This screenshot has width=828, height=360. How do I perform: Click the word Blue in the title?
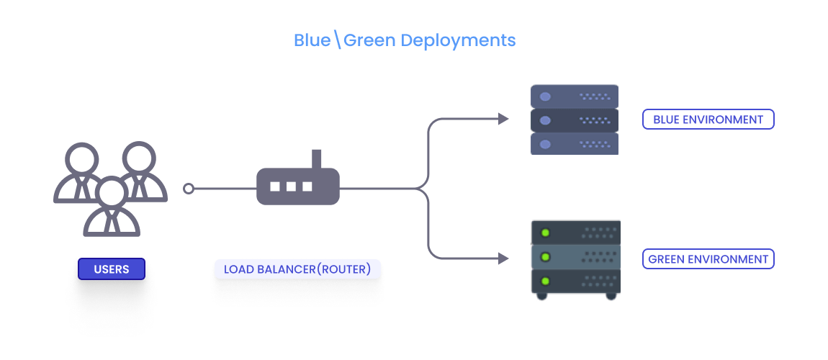312,40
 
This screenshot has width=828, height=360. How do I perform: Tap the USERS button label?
112,269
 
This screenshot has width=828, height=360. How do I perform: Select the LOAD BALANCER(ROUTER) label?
297,269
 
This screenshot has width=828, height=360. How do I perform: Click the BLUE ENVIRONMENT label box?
708,120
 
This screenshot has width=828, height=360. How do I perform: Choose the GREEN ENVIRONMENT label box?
708,259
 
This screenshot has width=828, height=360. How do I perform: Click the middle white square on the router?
291,186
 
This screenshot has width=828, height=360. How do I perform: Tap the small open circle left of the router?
189,189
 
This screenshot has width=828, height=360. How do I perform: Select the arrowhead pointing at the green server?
504,258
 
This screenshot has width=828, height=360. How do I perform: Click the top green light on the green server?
545,233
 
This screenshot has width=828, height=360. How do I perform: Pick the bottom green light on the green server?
545,280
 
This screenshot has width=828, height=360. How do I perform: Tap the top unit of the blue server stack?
575,96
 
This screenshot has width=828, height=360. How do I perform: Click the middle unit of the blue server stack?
575,120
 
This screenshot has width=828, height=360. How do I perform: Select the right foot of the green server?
611,295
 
